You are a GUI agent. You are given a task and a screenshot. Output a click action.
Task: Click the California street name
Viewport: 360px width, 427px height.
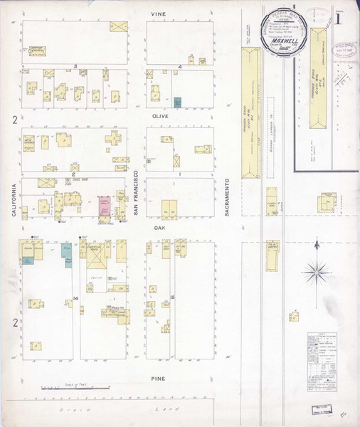tap(14, 196)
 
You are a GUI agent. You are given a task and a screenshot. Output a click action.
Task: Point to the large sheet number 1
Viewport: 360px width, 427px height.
tap(339, 16)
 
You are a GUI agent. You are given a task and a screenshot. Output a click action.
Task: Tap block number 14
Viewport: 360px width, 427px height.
tap(75, 297)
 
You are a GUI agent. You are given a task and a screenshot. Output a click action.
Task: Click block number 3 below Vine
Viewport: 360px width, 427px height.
tap(75, 66)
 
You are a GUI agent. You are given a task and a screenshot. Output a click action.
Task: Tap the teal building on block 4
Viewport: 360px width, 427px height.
tap(177, 102)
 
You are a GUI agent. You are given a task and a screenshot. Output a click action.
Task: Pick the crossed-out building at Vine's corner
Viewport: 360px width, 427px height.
tap(118, 27)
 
